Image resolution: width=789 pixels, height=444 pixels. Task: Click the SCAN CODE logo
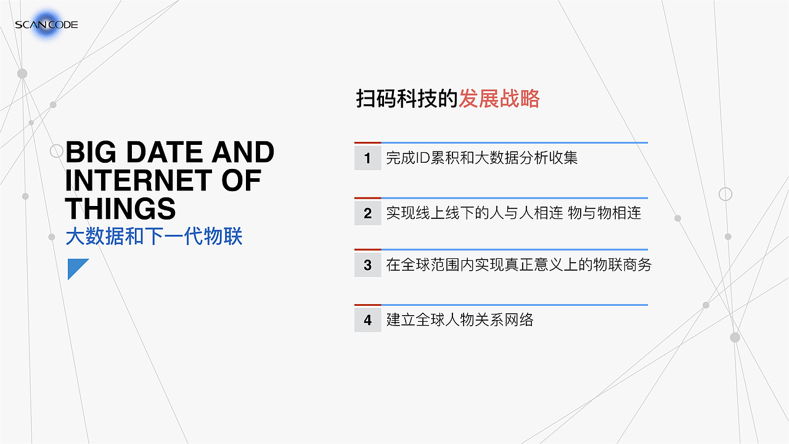(x=46, y=25)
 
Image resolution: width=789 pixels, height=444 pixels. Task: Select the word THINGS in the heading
(x=120, y=208)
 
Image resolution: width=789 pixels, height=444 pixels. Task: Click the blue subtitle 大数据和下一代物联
(x=154, y=237)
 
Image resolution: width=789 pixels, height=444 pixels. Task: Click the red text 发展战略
(x=499, y=99)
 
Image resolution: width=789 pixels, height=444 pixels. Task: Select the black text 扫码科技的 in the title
(x=407, y=99)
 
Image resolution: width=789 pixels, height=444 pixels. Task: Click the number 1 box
(x=367, y=158)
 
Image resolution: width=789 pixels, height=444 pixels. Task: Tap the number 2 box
(x=367, y=213)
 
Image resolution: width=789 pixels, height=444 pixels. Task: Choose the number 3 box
(x=367, y=265)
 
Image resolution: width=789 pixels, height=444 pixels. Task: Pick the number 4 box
(x=367, y=320)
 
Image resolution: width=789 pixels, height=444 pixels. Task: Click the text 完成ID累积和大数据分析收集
(x=481, y=158)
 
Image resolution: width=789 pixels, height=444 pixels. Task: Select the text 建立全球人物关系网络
(x=459, y=320)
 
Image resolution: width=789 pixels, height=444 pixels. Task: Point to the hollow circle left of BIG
(x=57, y=151)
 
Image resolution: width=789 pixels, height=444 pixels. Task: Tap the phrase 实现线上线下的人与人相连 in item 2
(x=475, y=213)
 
